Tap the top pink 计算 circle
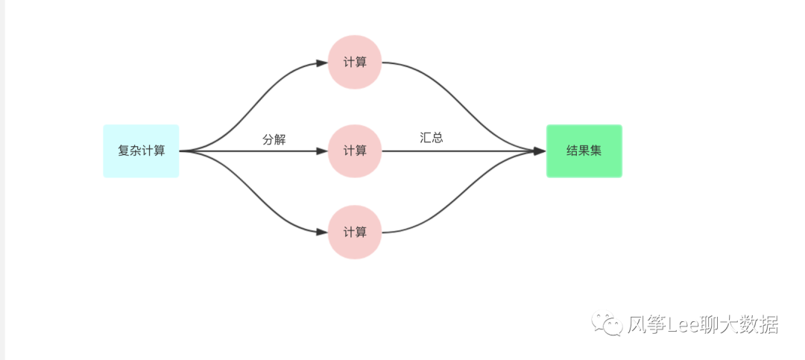(355, 63)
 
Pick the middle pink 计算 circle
(355, 151)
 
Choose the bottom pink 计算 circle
(355, 232)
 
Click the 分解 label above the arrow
(274, 139)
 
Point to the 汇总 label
(432, 137)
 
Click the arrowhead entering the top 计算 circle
(322, 63)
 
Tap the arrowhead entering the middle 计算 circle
(322, 151)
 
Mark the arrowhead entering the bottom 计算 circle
(322, 232)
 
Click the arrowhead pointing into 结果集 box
(540, 151)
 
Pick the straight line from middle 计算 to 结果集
(462, 151)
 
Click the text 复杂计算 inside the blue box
(141, 151)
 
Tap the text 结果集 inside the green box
(584, 151)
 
